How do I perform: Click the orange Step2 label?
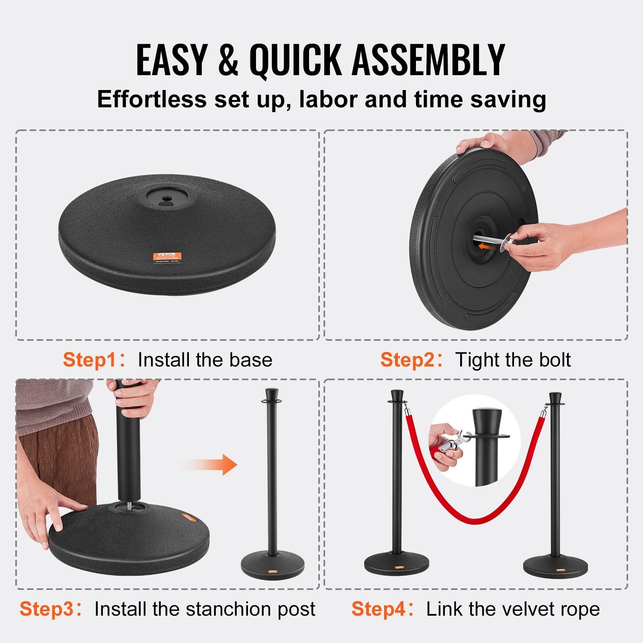coord(407,360)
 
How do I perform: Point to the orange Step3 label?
coord(47,609)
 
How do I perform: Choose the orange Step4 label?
coord(377,609)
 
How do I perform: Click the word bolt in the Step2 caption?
coord(555,360)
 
